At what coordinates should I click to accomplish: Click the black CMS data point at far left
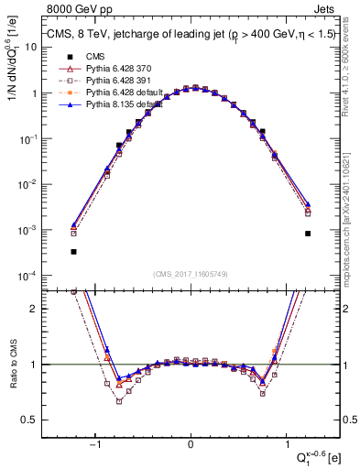tap(73, 251)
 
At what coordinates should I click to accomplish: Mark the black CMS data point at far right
tap(308, 234)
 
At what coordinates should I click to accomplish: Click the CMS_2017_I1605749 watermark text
tap(191, 274)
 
